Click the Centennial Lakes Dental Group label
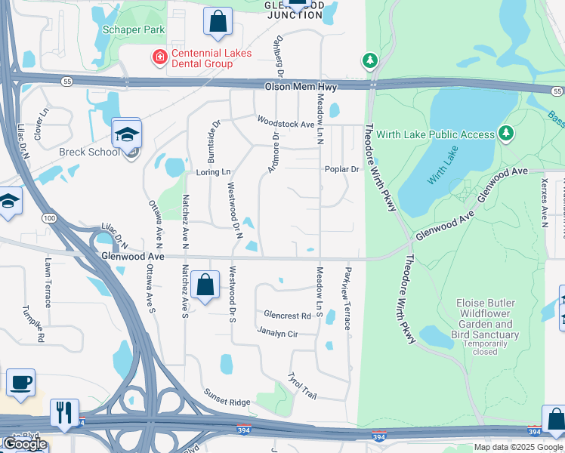click(201, 58)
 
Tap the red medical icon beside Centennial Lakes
click(159, 57)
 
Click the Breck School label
click(89, 152)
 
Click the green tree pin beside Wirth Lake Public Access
click(505, 134)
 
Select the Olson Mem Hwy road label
click(295, 88)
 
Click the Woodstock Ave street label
click(285, 123)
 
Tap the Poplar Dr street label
click(341, 169)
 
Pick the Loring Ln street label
click(212, 172)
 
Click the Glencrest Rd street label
click(287, 316)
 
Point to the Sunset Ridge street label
click(227, 397)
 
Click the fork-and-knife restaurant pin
click(63, 412)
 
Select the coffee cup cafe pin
click(20, 382)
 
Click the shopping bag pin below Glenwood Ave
click(205, 285)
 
